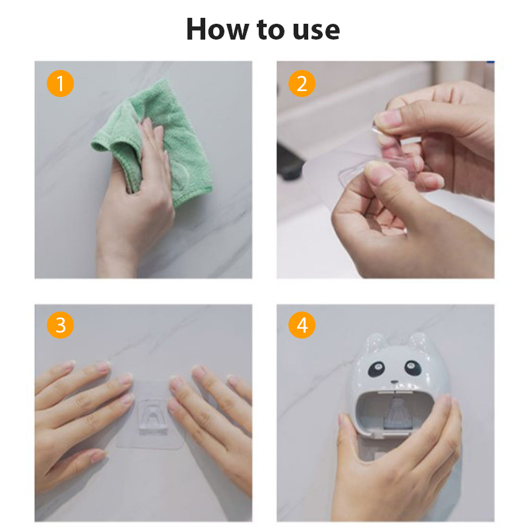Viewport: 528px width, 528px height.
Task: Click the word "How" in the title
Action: (x=217, y=29)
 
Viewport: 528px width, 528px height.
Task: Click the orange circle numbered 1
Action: (x=60, y=84)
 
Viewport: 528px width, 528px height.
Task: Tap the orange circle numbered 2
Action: (x=302, y=84)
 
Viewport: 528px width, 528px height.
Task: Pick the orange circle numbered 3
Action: (x=60, y=325)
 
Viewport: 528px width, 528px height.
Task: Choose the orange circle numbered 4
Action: (x=302, y=325)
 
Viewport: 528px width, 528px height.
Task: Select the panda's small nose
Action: (x=394, y=383)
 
